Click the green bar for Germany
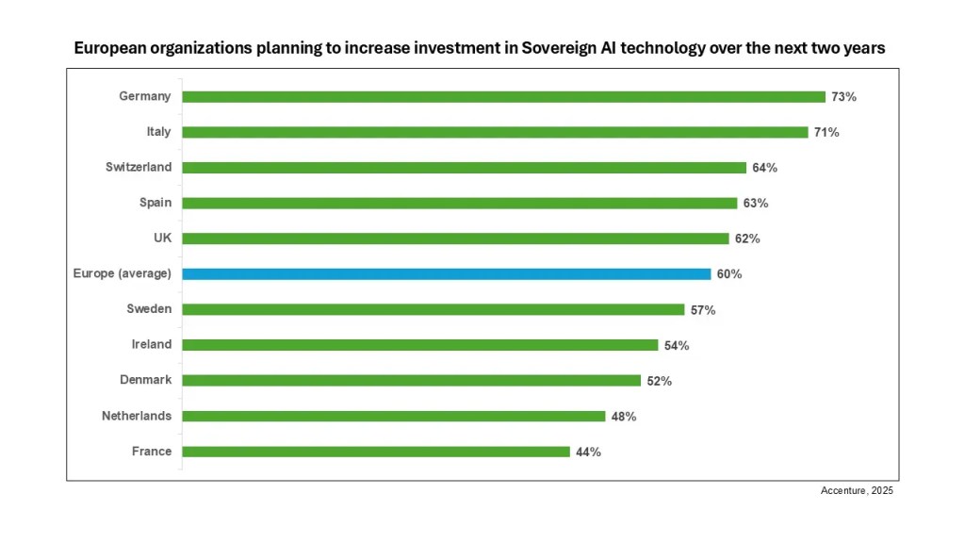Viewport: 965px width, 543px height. pos(503,96)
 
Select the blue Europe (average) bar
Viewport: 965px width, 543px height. pos(446,274)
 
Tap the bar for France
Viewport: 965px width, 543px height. pos(375,452)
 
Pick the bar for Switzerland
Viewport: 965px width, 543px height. pos(464,168)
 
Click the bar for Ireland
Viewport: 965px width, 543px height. pos(419,345)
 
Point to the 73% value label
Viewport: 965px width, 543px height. pos(843,97)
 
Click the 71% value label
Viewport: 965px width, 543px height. pos(826,132)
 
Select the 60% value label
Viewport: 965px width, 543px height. pos(728,274)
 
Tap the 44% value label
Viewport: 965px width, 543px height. pos(587,452)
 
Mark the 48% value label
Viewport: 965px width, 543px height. pos(623,417)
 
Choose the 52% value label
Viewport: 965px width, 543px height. pos(659,381)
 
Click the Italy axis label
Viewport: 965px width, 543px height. pos(158,132)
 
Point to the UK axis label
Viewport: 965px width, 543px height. pos(162,239)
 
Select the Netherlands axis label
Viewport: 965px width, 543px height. pos(137,416)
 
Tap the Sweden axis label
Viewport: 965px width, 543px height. pos(149,309)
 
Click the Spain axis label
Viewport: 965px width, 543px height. pos(155,203)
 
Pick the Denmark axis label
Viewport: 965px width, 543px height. pos(145,380)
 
